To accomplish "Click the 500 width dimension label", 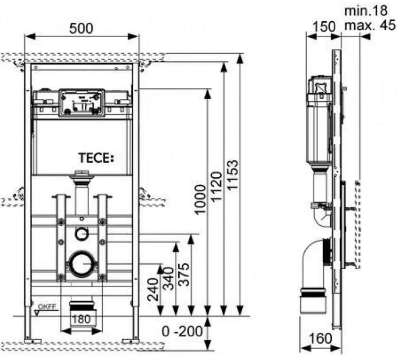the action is point(81,28).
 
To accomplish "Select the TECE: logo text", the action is point(96,158).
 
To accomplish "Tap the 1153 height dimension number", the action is point(233,174).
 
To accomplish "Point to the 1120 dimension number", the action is point(216,187).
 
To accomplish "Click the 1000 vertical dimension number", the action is point(200,200).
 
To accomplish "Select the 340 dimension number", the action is point(168,279).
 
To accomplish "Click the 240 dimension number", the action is point(153,289).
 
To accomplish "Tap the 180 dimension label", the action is point(81,319).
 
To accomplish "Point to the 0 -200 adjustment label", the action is point(182,331).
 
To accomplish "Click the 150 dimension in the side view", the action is point(324,26).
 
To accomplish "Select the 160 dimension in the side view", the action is point(320,338).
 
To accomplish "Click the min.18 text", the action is point(366,11).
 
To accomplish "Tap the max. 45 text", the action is point(370,25).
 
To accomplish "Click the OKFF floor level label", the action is point(47,307).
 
